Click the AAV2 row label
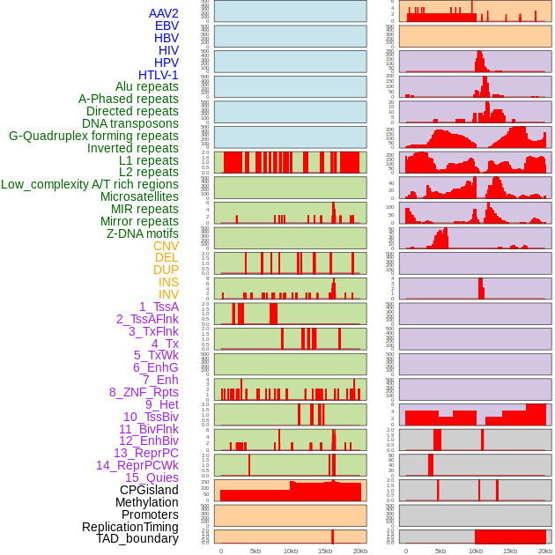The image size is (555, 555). tap(163, 13)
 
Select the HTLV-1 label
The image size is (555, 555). tap(159, 75)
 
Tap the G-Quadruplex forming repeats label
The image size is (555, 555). tap(93, 136)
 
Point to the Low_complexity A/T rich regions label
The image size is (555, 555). tap(90, 184)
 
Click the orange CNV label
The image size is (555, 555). tap(166, 246)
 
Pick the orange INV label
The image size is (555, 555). tap(168, 294)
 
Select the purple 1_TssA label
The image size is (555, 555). tap(159, 307)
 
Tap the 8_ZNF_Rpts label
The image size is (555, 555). tap(144, 392)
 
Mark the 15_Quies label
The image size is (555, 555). tap(151, 477)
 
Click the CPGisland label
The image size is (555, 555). tap(149, 490)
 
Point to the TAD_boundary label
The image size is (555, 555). tap(137, 538)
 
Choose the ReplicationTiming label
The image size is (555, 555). tap(129, 527)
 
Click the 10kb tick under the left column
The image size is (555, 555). tap(291, 551)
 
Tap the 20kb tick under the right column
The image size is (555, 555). tap(545, 551)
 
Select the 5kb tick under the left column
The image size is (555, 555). tap(255, 551)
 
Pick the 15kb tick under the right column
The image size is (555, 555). tap(510, 551)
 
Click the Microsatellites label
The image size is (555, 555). tap(139, 196)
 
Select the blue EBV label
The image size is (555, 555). tap(166, 26)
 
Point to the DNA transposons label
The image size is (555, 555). tap(130, 123)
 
